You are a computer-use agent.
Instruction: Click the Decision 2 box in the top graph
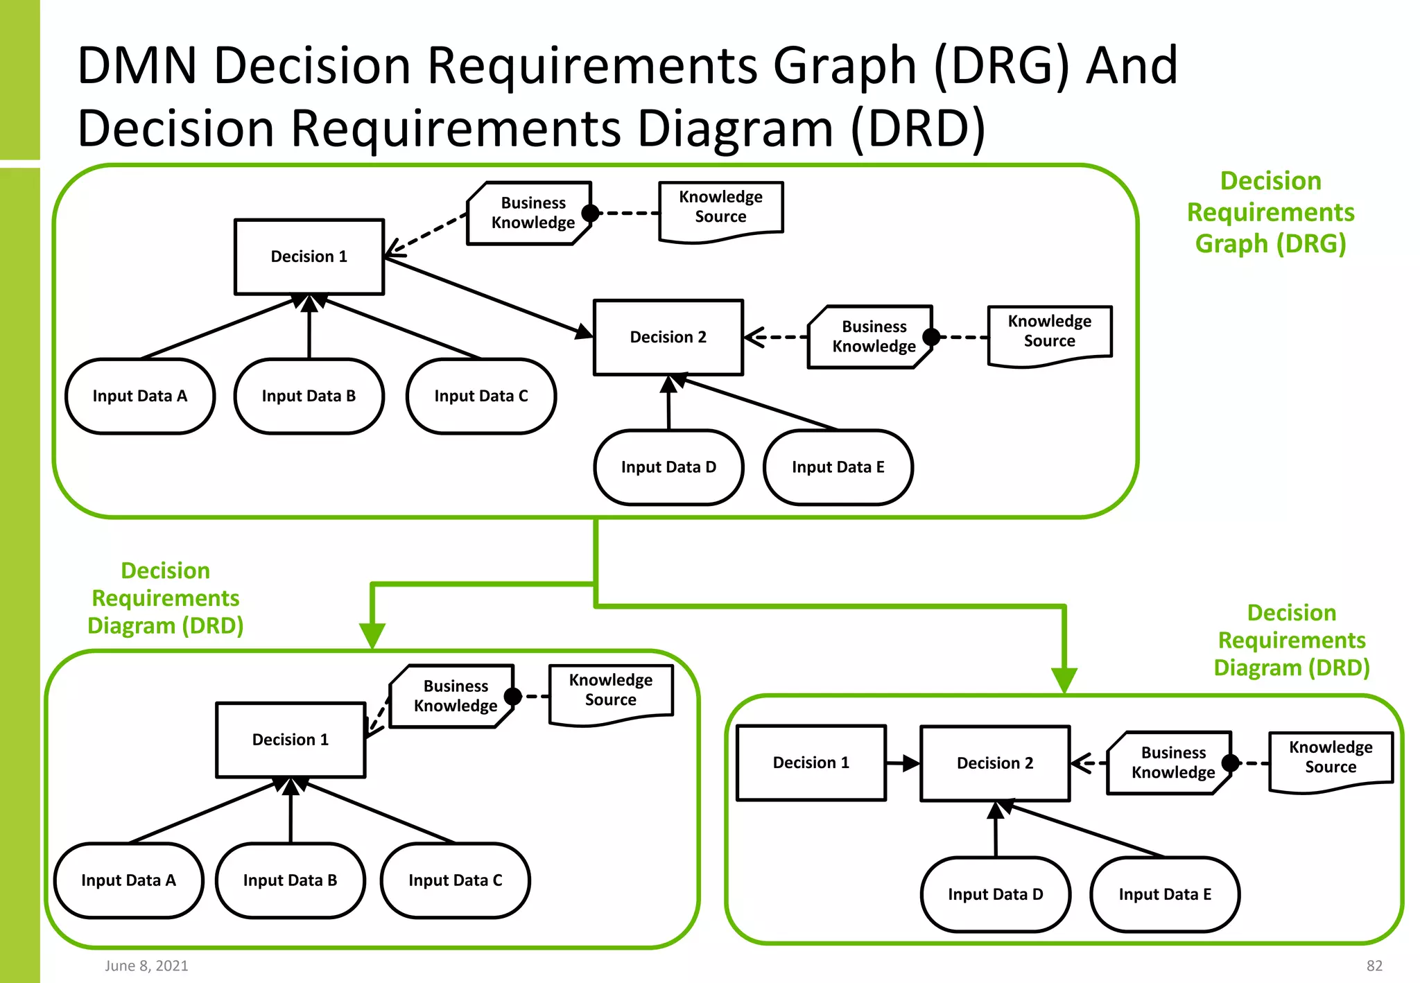(x=668, y=338)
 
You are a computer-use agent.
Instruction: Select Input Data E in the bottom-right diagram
(x=1164, y=894)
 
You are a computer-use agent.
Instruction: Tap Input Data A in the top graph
(x=140, y=396)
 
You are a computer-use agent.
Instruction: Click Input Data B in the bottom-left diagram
(x=290, y=880)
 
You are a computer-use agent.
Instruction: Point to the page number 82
(x=1374, y=966)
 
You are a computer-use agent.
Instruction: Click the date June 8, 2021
(x=146, y=966)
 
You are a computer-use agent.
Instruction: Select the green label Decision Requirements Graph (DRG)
(x=1270, y=212)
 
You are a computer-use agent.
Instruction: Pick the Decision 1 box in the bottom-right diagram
(x=811, y=763)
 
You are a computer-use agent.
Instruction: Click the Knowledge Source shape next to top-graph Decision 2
(x=1049, y=333)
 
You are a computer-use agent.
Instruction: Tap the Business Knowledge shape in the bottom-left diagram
(x=454, y=696)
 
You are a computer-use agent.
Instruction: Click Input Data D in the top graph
(x=668, y=467)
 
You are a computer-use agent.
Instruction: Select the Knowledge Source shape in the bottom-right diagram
(x=1330, y=758)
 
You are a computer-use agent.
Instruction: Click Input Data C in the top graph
(x=480, y=396)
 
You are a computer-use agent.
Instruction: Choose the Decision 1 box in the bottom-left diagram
(x=290, y=740)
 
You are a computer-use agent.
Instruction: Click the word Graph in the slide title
(x=845, y=66)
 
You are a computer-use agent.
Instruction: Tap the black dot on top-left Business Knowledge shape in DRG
(x=590, y=213)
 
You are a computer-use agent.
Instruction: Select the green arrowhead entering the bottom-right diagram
(x=1064, y=679)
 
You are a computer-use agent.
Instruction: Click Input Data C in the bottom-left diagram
(x=455, y=880)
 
